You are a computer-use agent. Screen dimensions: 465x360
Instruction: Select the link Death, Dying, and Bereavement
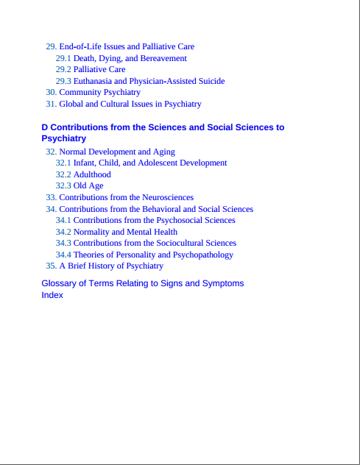[130, 58]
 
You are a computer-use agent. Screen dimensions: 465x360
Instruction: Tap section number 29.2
[63, 69]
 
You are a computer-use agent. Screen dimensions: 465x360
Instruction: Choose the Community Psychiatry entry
[99, 92]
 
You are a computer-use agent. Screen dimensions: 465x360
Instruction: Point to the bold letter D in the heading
[45, 127]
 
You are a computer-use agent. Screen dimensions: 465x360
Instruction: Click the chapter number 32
[51, 152]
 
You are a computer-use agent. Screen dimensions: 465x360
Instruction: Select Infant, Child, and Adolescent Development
[149, 163]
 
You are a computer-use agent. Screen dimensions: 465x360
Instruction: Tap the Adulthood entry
[92, 174]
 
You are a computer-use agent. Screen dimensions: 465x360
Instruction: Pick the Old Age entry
[88, 185]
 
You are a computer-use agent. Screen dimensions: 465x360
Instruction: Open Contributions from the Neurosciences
[126, 197]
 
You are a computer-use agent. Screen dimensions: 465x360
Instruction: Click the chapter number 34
[51, 209]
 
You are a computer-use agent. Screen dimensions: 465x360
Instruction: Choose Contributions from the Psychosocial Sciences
[154, 220]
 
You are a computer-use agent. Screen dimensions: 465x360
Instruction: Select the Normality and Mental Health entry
[125, 232]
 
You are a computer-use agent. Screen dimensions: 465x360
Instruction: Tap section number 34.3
[63, 243]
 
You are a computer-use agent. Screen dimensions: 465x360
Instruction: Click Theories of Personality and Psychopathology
[153, 255]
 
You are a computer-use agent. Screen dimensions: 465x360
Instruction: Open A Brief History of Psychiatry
[111, 266]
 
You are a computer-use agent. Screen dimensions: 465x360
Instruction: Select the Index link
[52, 295]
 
